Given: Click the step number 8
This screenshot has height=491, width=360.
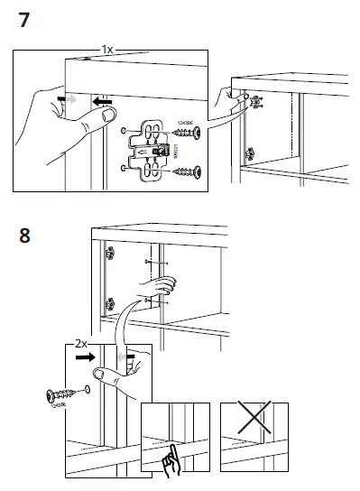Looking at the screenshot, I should pos(27,239).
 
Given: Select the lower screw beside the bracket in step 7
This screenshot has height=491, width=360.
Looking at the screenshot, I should pos(186,168).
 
